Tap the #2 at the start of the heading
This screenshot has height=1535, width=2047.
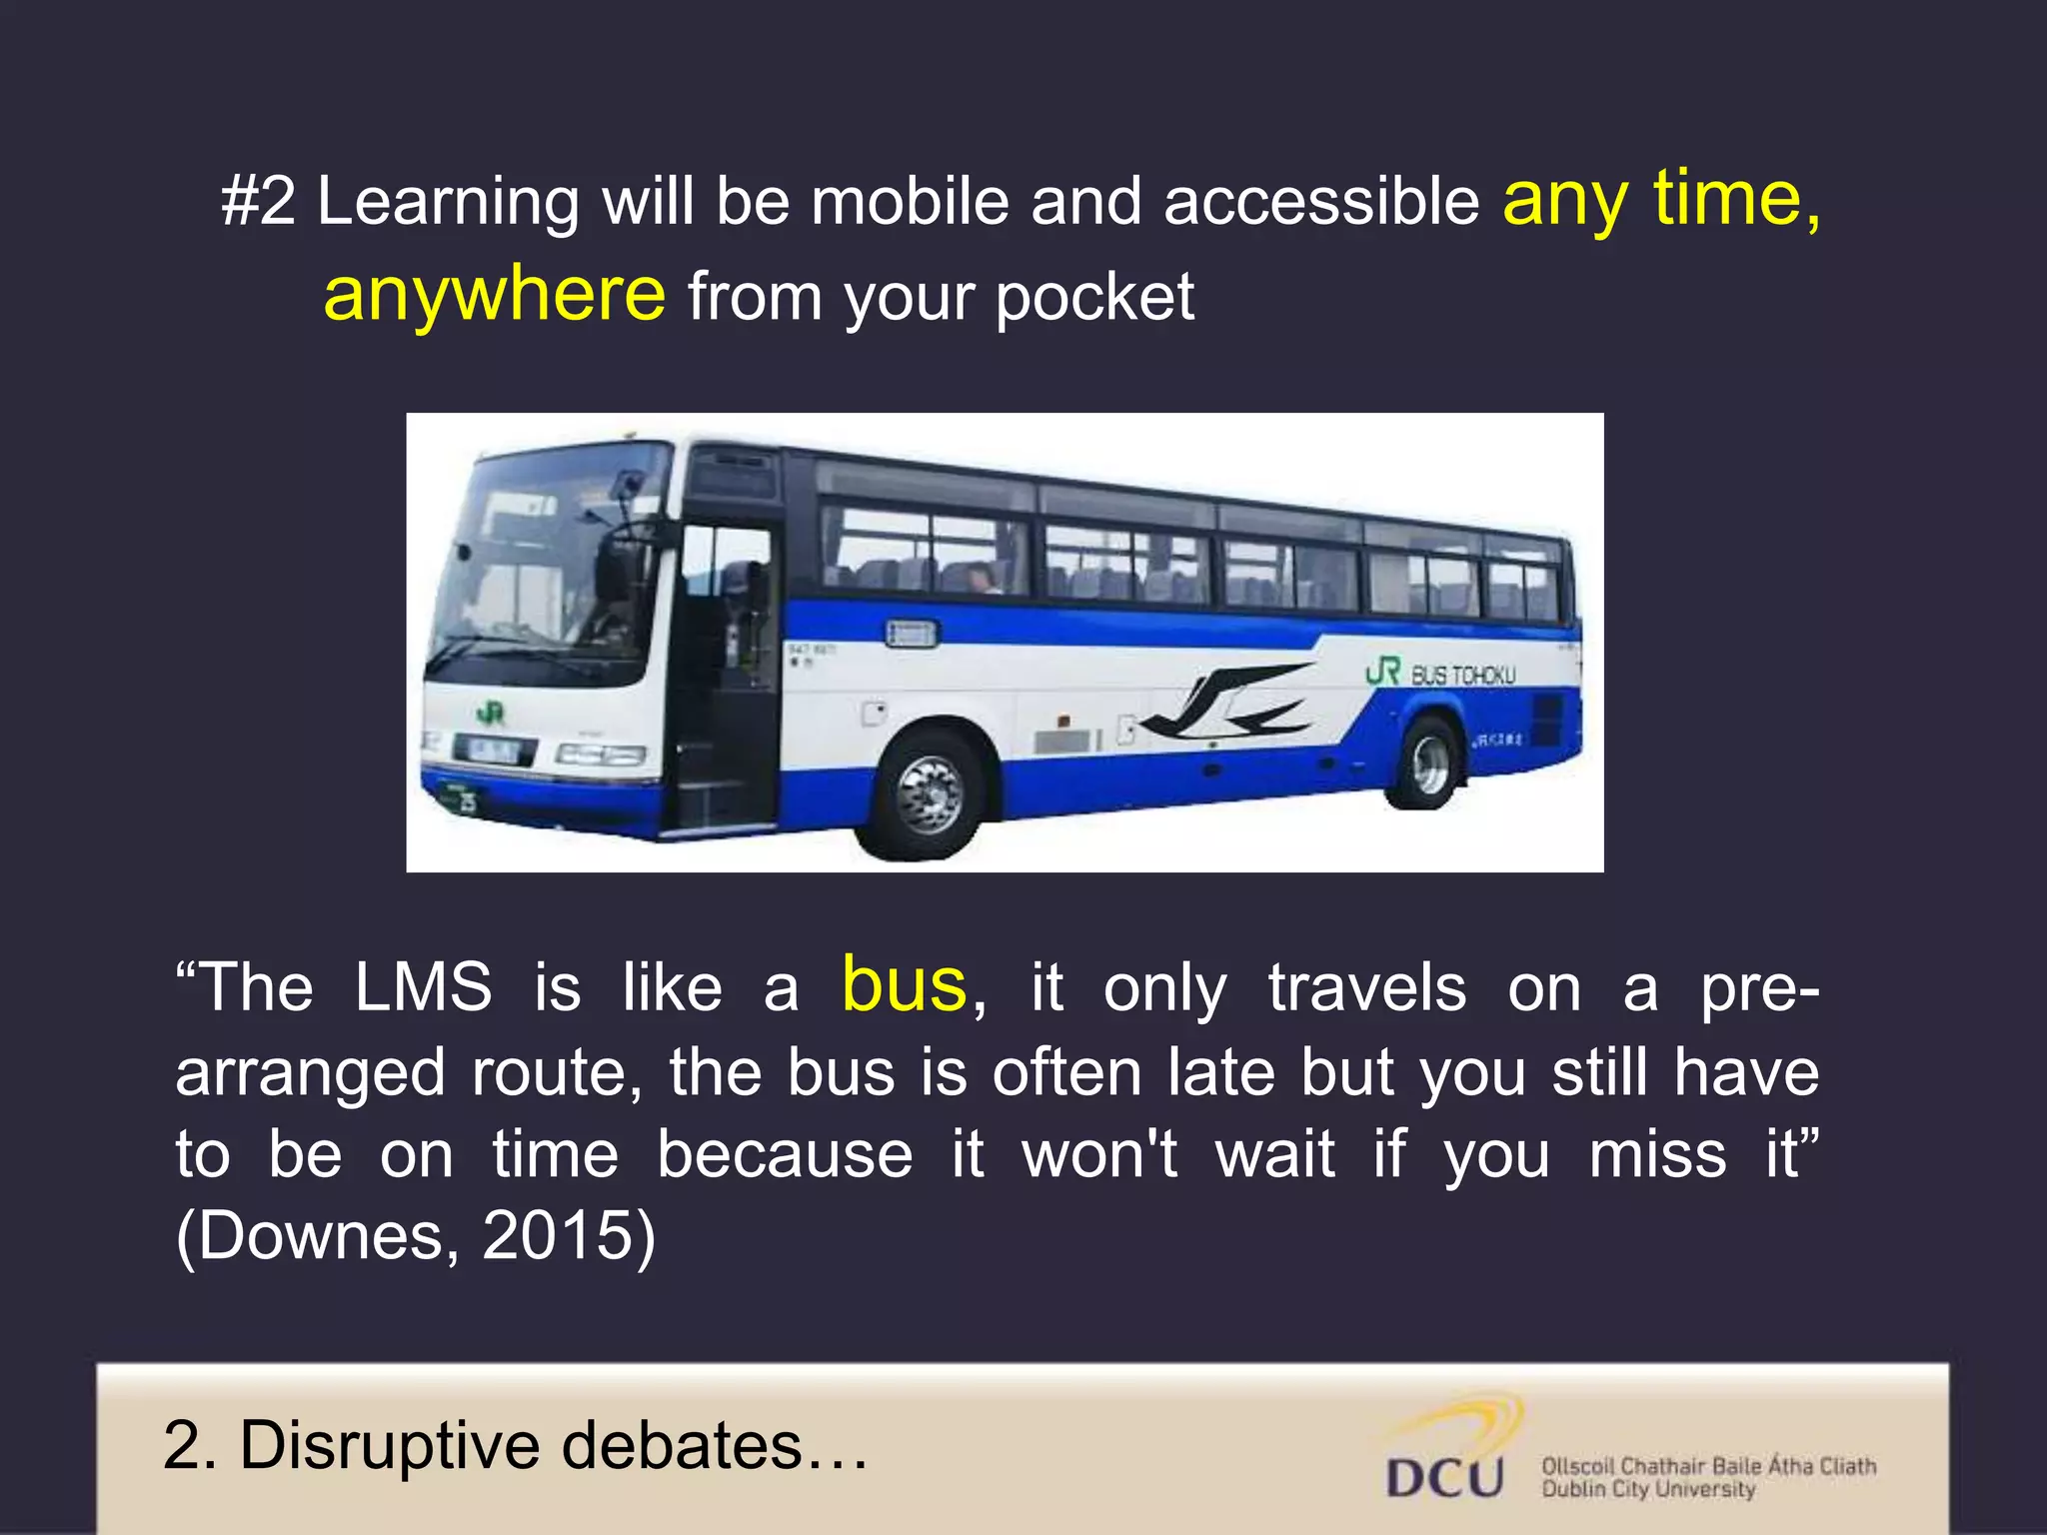(x=258, y=202)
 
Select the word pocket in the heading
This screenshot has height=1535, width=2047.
(x=1094, y=298)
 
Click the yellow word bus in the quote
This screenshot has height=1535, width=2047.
(x=904, y=985)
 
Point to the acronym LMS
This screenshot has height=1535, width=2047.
(x=423, y=987)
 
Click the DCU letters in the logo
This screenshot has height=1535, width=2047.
(x=1445, y=1477)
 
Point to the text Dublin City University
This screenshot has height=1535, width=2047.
(x=1648, y=1490)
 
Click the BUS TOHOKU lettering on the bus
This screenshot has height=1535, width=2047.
(x=1462, y=676)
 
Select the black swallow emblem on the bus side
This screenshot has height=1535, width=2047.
(x=1229, y=704)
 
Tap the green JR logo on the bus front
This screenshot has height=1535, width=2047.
(x=490, y=714)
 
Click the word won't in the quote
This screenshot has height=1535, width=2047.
(x=1098, y=1155)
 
